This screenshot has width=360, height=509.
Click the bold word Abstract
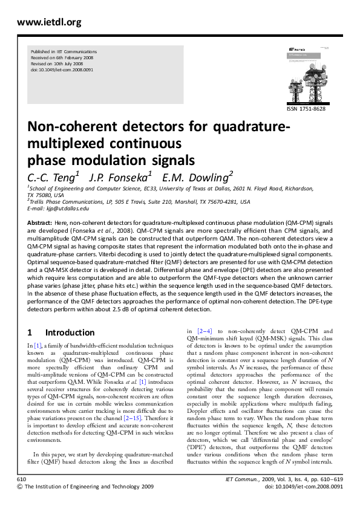pyautogui.click(x=39, y=223)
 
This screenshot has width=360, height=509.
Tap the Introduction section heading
pyautogui.click(x=70, y=332)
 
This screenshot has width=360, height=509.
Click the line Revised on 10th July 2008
pyautogui.click(x=57, y=64)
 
